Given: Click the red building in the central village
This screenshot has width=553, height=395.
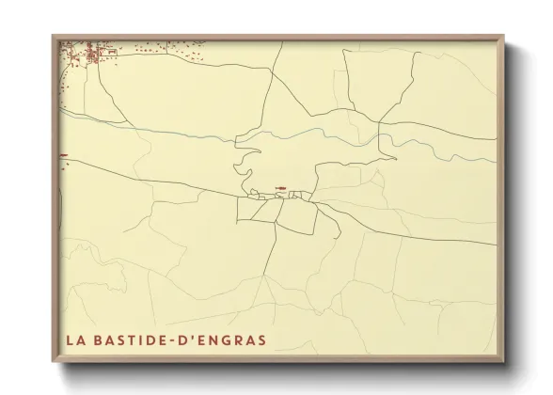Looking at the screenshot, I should (279, 188).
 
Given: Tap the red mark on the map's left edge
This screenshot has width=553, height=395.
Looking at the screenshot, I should (63, 155).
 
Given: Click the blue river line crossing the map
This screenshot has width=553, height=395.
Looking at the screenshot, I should (188, 133).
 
